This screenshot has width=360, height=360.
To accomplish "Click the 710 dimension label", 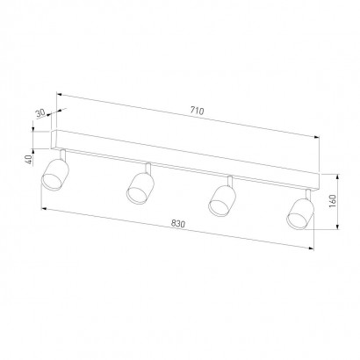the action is (x=197, y=111).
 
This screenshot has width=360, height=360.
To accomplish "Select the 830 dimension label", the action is (x=178, y=224).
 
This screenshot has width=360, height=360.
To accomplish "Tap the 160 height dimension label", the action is (x=333, y=201).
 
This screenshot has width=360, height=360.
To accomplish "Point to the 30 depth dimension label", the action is (x=40, y=113).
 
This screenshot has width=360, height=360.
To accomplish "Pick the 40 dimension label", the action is (x=29, y=159).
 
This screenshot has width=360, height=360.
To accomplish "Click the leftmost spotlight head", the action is (x=55, y=174).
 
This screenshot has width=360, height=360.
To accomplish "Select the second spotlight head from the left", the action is (x=140, y=188).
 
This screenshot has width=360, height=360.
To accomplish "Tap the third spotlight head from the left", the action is (x=222, y=201).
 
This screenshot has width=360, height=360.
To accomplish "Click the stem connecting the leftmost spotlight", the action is (x=62, y=155).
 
